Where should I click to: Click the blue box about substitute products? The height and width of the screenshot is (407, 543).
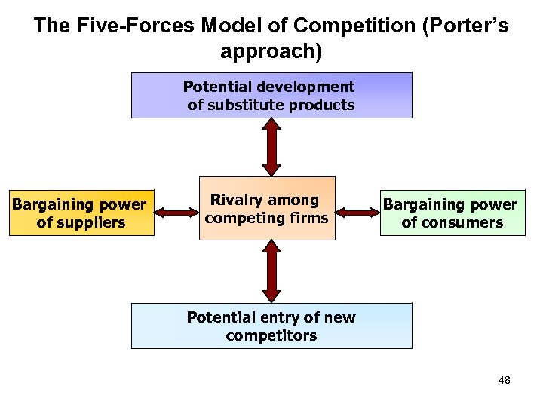pyautogui.click(x=271, y=95)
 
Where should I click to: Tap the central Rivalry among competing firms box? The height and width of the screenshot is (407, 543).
pyautogui.click(x=266, y=209)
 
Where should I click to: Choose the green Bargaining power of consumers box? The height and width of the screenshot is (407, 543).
pyautogui.click(x=451, y=213)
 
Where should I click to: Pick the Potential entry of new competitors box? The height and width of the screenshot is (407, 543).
pyautogui.click(x=271, y=326)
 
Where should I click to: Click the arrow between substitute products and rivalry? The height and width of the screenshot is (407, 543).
pyautogui.click(x=271, y=147)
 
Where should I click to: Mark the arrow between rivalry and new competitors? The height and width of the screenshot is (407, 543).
pyautogui.click(x=271, y=271)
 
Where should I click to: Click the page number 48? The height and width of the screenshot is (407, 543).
pyautogui.click(x=505, y=380)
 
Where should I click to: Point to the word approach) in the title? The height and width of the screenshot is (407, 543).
pyautogui.click(x=271, y=52)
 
